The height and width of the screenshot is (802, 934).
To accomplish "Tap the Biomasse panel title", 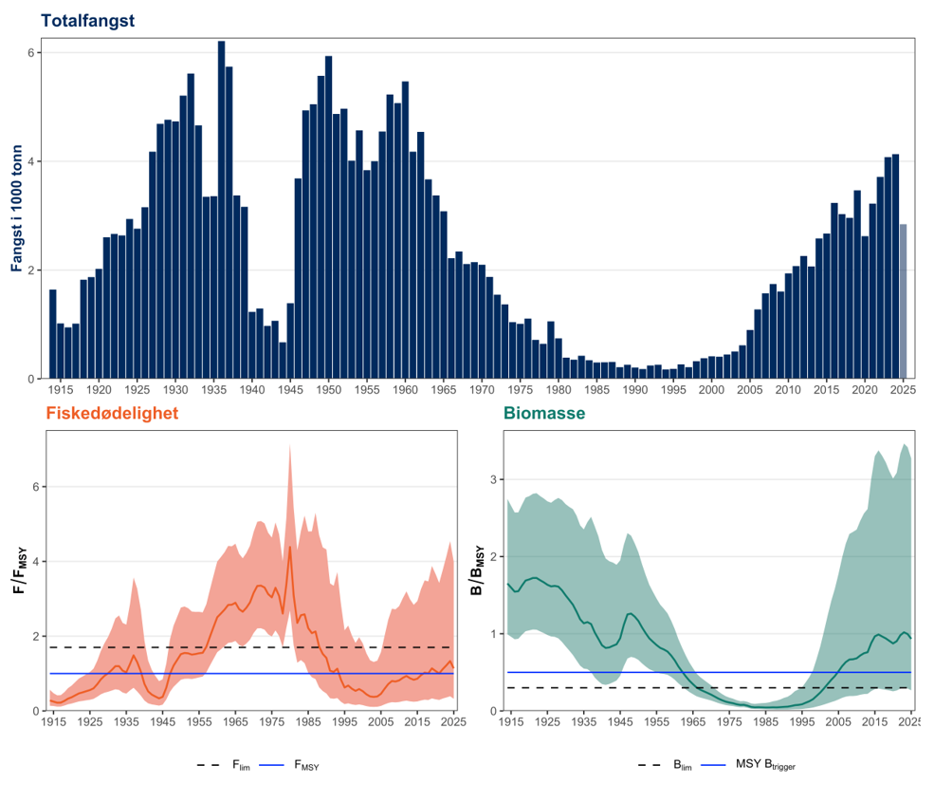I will [x=543, y=414].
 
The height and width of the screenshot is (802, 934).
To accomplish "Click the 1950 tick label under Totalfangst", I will [x=329, y=390].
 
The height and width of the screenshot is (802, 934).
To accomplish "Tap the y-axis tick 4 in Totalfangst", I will [x=30, y=161].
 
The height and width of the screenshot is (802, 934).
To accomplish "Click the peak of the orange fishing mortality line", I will [x=289, y=547].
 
